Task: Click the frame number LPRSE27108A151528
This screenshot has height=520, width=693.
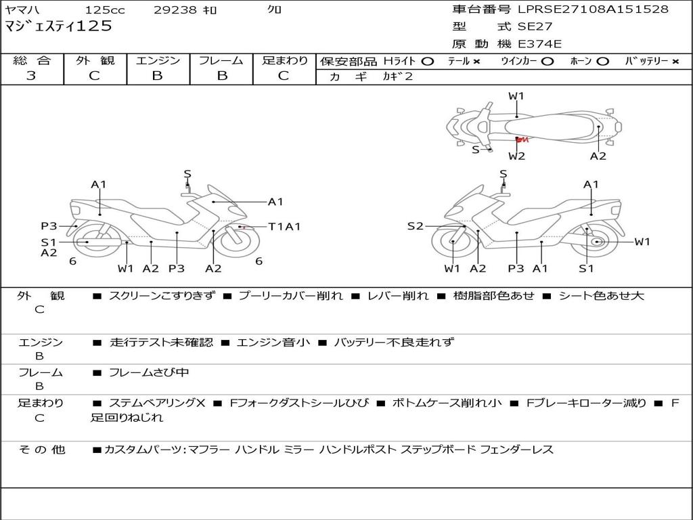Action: pyautogui.click(x=593, y=9)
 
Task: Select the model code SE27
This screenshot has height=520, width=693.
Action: pyautogui.click(x=535, y=27)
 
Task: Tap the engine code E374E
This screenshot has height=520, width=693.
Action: pyautogui.click(x=539, y=45)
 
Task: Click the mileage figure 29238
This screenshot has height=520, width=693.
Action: pyautogui.click(x=175, y=10)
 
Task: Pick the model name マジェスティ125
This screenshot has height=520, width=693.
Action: pyautogui.click(x=58, y=27)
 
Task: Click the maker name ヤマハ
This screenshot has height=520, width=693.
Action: pyautogui.click(x=22, y=10)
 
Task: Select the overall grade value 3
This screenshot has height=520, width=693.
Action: pyautogui.click(x=31, y=76)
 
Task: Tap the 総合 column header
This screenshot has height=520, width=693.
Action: pyautogui.click(x=31, y=60)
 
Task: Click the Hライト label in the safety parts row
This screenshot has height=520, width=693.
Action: pyautogui.click(x=400, y=61)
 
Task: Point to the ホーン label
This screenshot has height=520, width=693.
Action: pyautogui.click(x=580, y=61)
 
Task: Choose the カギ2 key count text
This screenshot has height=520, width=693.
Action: pyautogui.click(x=398, y=77)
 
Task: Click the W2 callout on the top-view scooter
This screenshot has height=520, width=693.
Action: pyautogui.click(x=516, y=156)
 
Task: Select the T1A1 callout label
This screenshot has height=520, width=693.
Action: pyautogui.click(x=284, y=227)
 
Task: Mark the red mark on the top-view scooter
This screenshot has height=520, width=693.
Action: pyautogui.click(x=521, y=139)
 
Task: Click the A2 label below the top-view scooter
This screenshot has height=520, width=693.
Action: pyautogui.click(x=598, y=156)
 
